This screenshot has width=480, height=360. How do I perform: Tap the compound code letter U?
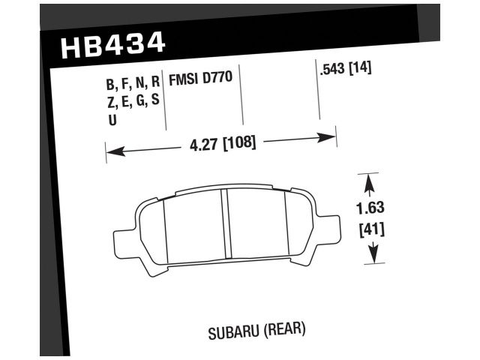[x=112, y=118]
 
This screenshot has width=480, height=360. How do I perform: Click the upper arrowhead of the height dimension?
[x=368, y=180]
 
